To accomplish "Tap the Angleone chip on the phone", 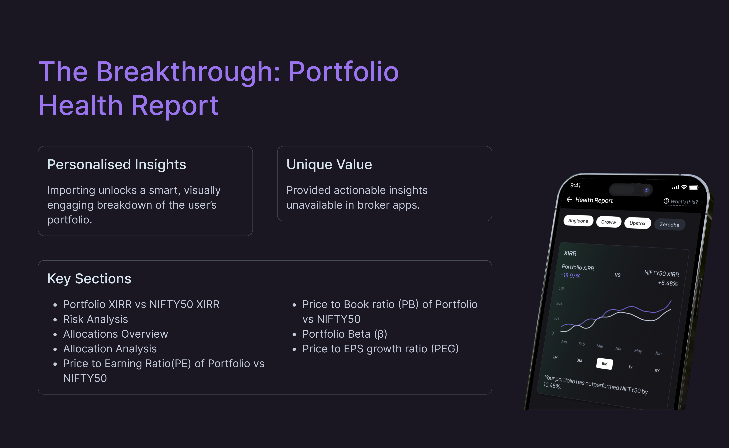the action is click(578, 221).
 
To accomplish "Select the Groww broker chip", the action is click(609, 222).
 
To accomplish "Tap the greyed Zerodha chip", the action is click(669, 225).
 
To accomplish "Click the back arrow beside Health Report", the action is click(569, 199).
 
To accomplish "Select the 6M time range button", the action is click(604, 364).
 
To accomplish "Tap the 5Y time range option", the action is click(657, 371).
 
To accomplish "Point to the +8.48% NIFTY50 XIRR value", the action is click(668, 283).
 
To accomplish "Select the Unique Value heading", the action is click(329, 164).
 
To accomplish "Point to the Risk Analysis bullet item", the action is click(95, 319).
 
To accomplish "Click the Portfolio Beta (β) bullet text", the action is click(345, 334).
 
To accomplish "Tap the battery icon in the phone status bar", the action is click(694, 187).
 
